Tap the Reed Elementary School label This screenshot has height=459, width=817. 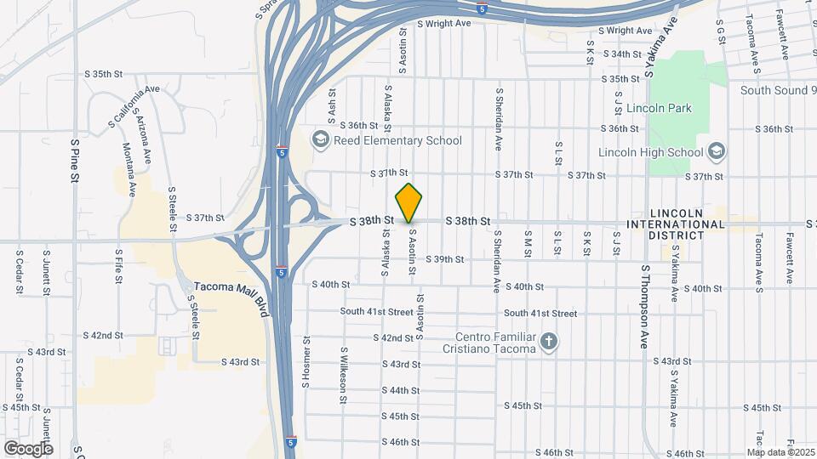pyautogui.click(x=397, y=140)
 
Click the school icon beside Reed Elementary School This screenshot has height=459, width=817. pyautogui.click(x=320, y=139)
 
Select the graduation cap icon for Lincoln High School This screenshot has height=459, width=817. pyautogui.click(x=717, y=152)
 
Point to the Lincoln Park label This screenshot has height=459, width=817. pyautogui.click(x=659, y=108)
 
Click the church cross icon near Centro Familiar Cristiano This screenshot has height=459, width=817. pyautogui.click(x=550, y=342)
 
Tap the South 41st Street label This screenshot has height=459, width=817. pyautogui.click(x=377, y=312)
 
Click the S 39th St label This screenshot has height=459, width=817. pyautogui.click(x=445, y=259)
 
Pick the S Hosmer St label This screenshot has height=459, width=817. pyautogui.click(x=306, y=360)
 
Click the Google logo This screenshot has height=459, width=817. pyautogui.click(x=28, y=448)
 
